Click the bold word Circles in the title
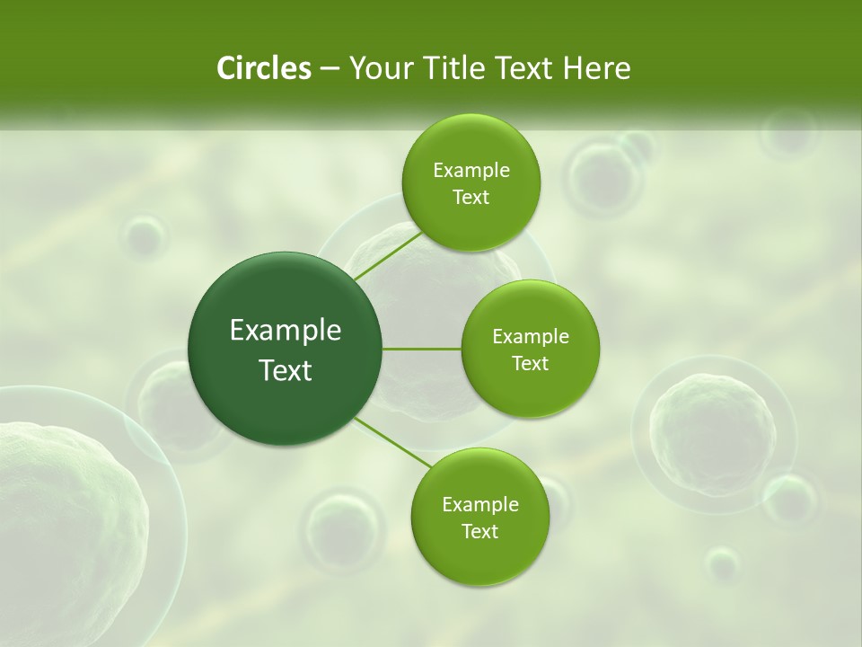tap(264, 68)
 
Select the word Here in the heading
tap(597, 68)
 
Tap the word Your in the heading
tap(380, 68)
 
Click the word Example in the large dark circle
tap(286, 331)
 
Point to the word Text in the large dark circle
tap(286, 370)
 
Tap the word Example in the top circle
tap(471, 171)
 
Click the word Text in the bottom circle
tap(479, 531)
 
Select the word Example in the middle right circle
tap(531, 337)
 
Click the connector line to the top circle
tap(388, 255)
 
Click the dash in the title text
tap(329, 69)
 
